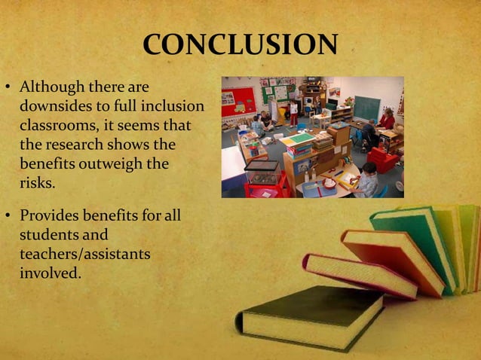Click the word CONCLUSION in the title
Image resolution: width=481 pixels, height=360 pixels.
240,46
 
